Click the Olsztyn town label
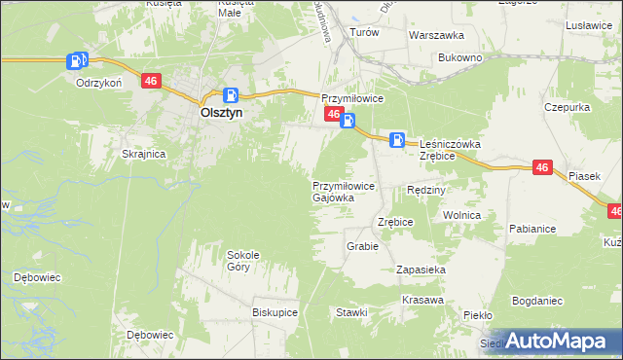click(221, 112)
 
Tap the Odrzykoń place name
click(98, 83)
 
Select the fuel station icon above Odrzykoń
click(76, 61)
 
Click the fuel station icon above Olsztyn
click(231, 95)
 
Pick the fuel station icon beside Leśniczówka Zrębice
click(397, 139)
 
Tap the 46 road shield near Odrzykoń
click(150, 82)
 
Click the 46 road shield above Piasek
click(543, 168)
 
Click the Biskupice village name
click(275, 312)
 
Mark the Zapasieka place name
click(421, 269)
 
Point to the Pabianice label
click(531, 229)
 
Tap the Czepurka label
click(568, 107)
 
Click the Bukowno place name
click(460, 58)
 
